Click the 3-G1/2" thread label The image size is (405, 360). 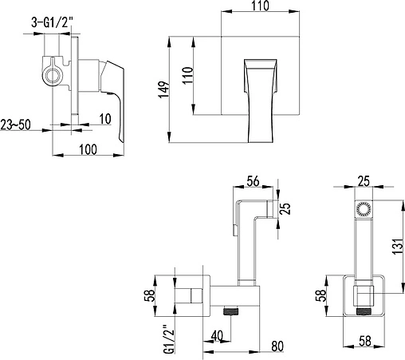click(52, 22)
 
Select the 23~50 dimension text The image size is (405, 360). click(15, 125)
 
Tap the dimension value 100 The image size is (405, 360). click(88, 149)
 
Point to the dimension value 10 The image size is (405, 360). click(105, 119)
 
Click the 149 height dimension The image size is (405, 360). click(164, 89)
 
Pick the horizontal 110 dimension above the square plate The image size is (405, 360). click(260, 6)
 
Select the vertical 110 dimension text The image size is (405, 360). click(187, 76)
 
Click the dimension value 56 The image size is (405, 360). click(253, 181)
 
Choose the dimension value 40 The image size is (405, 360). click(217, 336)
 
